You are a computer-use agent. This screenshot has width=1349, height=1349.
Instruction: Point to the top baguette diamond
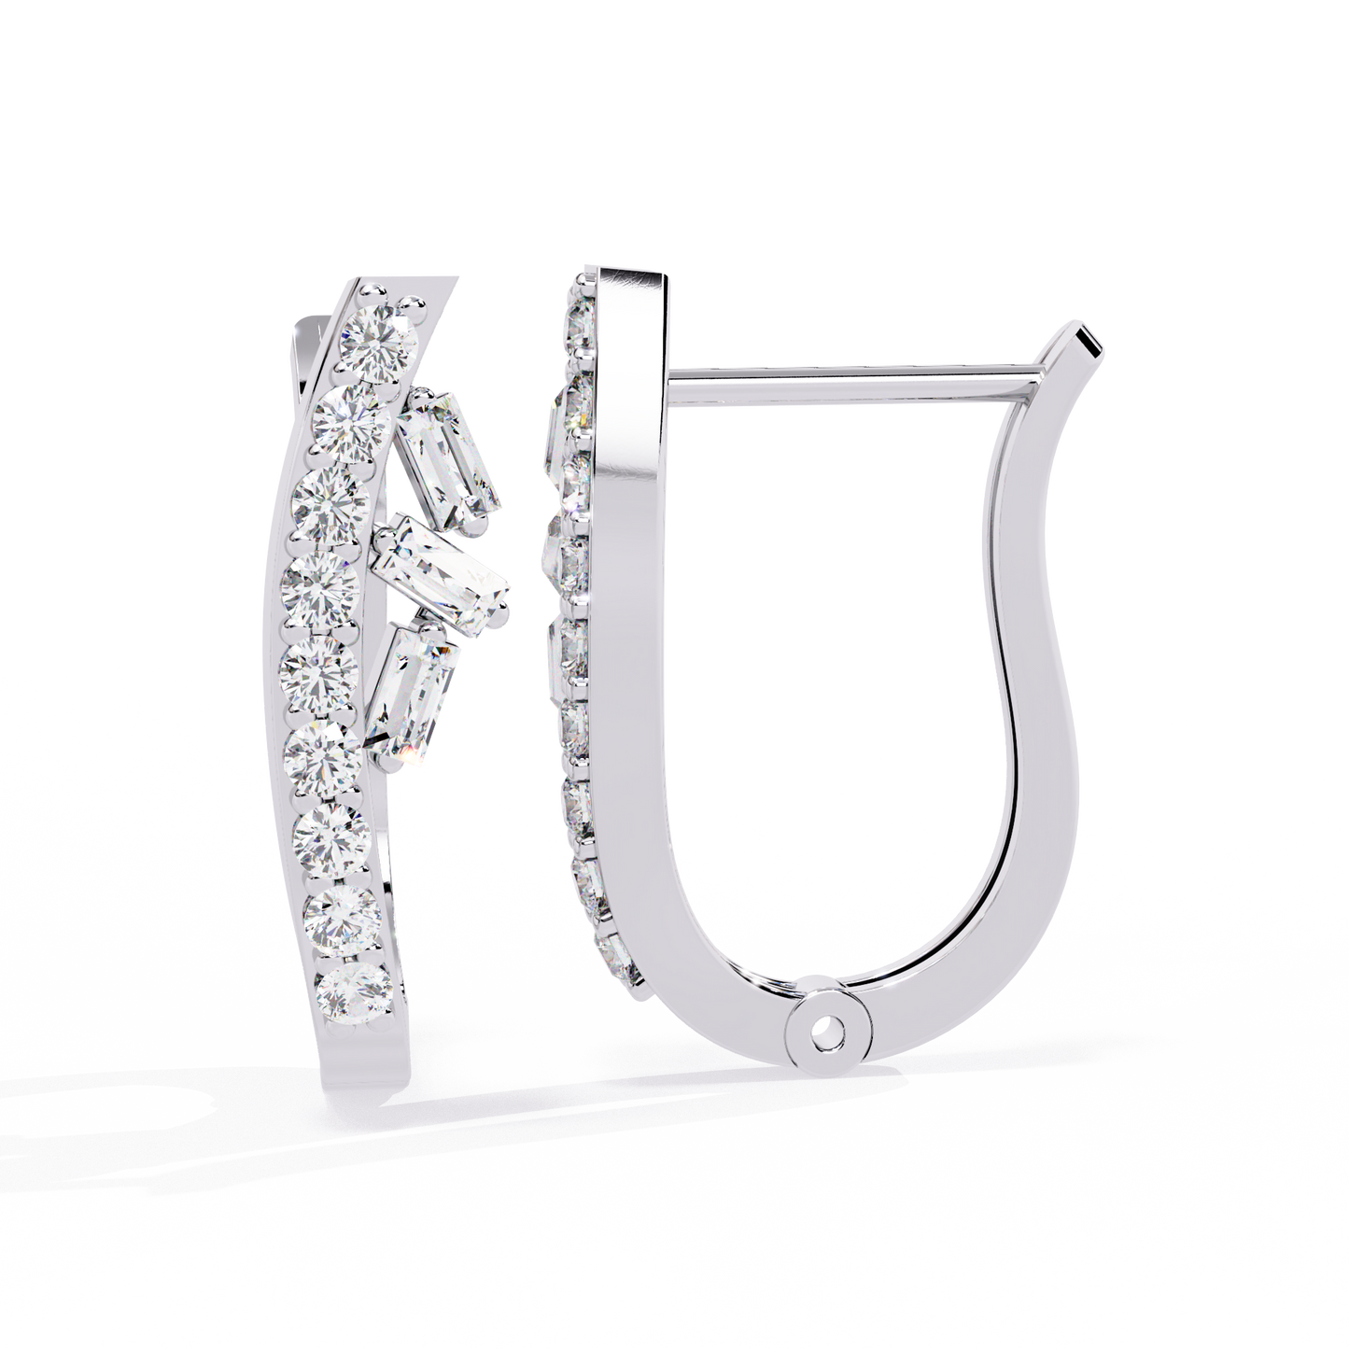(448, 454)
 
